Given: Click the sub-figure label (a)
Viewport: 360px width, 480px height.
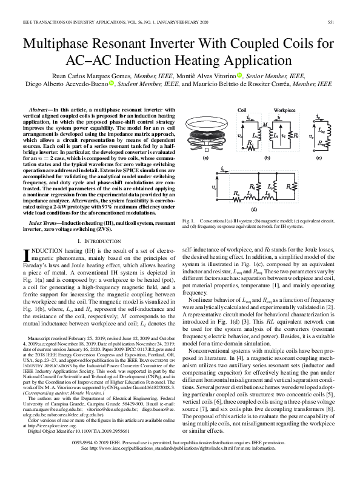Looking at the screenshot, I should (205, 157).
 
